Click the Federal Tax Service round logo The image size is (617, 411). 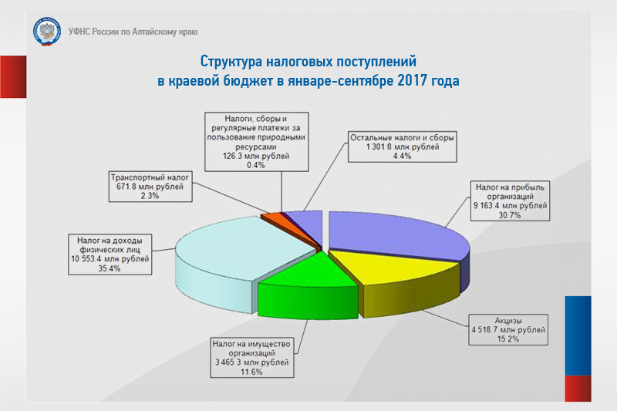click(47, 32)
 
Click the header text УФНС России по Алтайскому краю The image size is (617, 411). click(133, 32)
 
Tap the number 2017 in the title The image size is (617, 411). click(413, 81)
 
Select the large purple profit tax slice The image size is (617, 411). click(393, 232)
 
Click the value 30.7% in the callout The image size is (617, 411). click(510, 215)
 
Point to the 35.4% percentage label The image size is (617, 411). click(110, 268)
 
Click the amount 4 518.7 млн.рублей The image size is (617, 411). click(508, 329)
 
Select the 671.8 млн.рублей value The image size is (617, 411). click(150, 187)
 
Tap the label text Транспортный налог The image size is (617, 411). click(150, 177)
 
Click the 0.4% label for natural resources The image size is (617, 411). click(256, 165)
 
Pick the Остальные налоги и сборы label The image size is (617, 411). click(402, 138)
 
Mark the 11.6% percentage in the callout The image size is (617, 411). click(251, 372)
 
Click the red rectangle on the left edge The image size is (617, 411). click(13, 76)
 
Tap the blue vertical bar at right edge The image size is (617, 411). click(578, 335)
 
